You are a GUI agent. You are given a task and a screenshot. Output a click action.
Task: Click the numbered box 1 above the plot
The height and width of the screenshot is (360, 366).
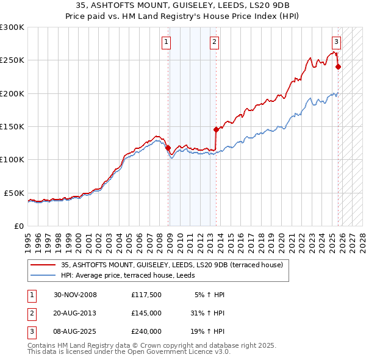click(x=166, y=42)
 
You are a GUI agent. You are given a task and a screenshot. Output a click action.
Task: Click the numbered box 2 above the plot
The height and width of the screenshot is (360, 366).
click(x=215, y=42)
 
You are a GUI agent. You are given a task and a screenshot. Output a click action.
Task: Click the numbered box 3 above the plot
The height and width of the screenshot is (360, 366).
click(x=336, y=42)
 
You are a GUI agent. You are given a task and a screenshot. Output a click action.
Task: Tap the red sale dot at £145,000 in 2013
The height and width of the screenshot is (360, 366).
click(x=216, y=129)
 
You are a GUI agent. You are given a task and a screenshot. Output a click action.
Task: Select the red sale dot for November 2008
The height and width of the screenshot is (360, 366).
click(x=168, y=147)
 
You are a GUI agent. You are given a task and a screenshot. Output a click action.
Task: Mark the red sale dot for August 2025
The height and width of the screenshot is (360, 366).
click(x=339, y=67)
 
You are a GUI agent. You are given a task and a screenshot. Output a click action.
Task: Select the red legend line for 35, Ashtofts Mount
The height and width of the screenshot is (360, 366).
click(x=43, y=265)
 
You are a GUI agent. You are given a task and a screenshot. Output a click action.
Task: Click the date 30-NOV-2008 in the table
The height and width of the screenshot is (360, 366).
click(x=75, y=295)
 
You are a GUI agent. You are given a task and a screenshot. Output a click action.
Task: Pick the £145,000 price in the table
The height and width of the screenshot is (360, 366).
click(x=146, y=313)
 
